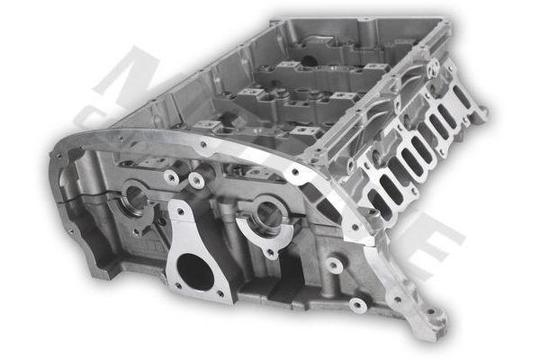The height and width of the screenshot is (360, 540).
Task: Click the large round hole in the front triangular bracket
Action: [x=196, y=273]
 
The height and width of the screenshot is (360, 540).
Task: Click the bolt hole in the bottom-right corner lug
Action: [x=435, y=316]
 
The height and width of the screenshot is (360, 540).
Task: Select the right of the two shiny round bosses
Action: [x=196, y=181]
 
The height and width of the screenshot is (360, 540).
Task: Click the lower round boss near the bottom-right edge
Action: [x=357, y=303]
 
